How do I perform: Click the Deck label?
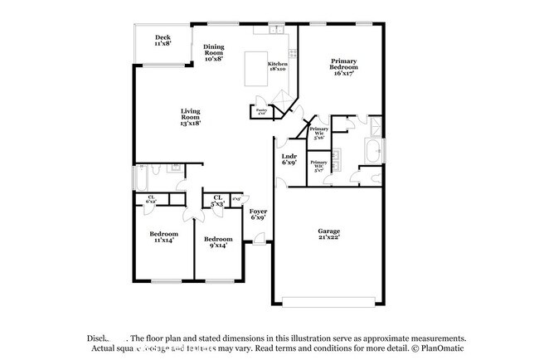pos(163,40)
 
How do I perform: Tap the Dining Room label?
pos(214,53)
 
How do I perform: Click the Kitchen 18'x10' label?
pos(278,66)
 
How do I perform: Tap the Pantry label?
pos(261,111)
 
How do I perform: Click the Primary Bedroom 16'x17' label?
pos(343,66)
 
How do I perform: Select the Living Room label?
pos(192,117)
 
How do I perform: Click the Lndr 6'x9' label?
pos(289,159)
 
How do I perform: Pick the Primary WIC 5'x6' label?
pos(318,133)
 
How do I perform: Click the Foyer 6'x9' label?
pos(258,215)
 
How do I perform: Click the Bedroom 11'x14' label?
pos(162,236)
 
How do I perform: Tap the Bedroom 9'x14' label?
pos(219,242)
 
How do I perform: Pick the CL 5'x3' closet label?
pos(219,200)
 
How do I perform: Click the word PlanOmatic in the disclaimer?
pos(440,349)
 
